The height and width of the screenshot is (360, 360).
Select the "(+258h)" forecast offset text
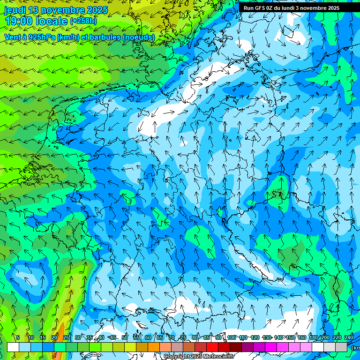coord(83,21)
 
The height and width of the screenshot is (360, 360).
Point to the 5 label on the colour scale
coord(18,337)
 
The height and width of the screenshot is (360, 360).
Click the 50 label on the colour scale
coord(125,337)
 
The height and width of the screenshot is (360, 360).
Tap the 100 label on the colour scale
coord(232,337)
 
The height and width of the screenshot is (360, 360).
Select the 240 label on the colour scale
coord(349,337)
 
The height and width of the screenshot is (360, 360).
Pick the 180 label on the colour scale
coord(313,337)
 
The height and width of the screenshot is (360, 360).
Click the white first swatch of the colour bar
coord(13,347)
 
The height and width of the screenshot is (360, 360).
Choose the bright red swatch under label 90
coord(212,347)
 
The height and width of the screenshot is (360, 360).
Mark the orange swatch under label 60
coord(142,347)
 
